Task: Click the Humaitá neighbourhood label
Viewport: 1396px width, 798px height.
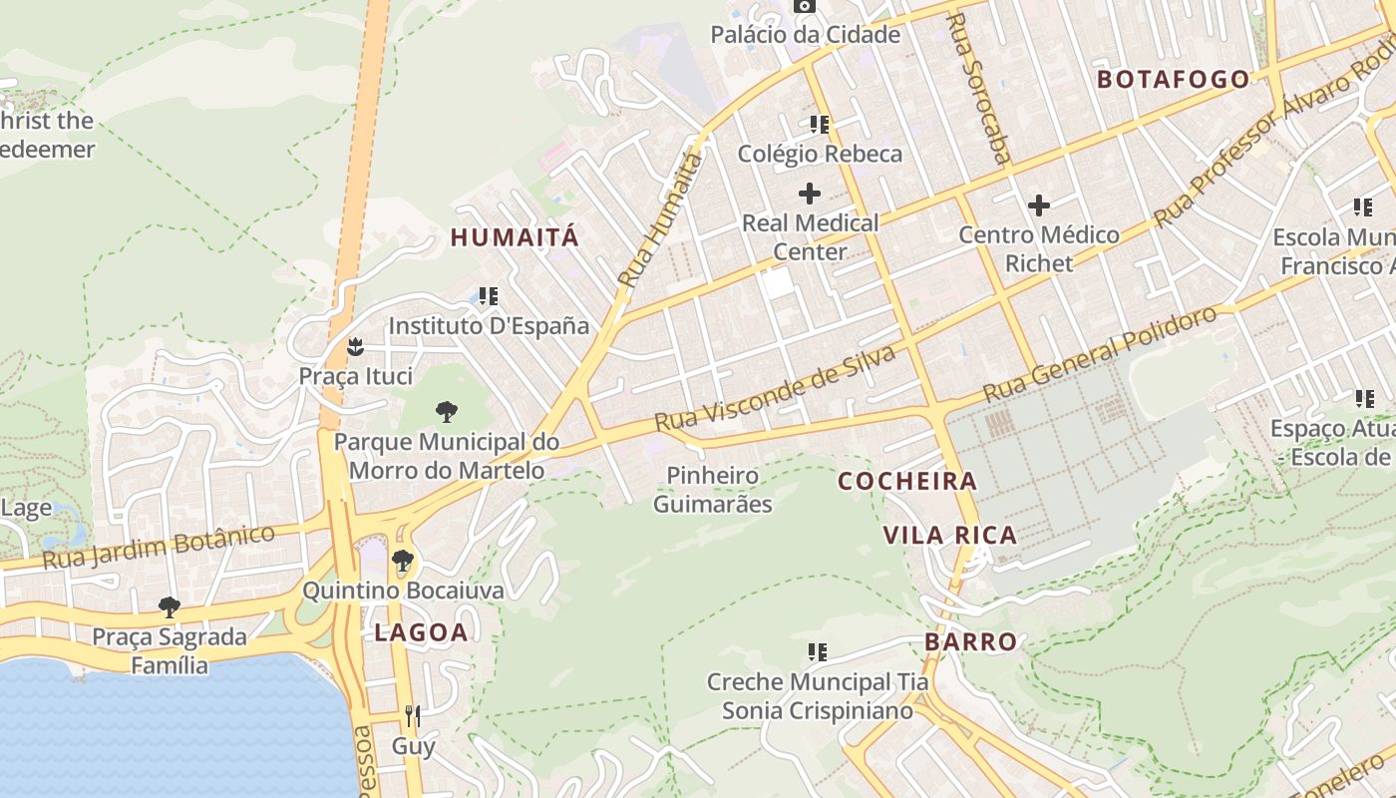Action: (514, 237)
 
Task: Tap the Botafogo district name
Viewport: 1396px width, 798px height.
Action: (1173, 80)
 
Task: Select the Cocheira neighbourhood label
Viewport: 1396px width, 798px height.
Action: (907, 481)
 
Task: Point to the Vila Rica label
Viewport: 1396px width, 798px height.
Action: (949, 535)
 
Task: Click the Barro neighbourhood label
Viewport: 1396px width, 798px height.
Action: (970, 641)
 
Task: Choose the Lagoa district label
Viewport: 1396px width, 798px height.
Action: (421, 631)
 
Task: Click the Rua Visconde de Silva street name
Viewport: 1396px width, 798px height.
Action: (775, 389)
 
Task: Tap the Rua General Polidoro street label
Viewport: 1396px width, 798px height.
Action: (1100, 354)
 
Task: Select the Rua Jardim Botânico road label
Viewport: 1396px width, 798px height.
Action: (159, 547)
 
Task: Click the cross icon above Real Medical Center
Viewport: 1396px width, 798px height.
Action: (810, 193)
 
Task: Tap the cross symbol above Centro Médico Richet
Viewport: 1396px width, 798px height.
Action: (1039, 205)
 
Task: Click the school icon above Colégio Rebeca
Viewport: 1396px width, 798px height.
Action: (820, 125)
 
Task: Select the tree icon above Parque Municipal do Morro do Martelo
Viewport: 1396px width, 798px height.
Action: (446, 411)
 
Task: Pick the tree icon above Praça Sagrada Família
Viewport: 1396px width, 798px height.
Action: (170, 606)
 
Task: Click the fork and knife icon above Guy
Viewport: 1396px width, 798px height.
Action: (413, 715)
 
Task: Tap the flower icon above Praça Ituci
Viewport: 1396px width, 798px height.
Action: (354, 347)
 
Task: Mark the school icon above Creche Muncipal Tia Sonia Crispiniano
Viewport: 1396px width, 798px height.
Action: (818, 652)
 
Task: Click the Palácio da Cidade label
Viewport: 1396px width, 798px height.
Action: (805, 35)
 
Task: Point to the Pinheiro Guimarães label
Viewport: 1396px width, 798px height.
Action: (712, 489)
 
